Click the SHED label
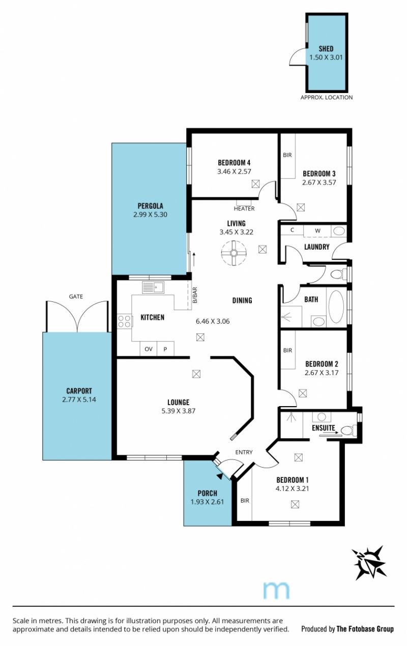point(326,49)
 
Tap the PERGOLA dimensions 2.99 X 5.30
point(150,214)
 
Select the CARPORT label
point(79,391)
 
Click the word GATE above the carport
point(76,296)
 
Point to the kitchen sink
point(153,287)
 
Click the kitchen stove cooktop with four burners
point(125,321)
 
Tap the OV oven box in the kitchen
point(149,349)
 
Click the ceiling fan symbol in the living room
point(234,253)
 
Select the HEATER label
point(244,208)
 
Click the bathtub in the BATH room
point(336,306)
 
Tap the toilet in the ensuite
point(348,431)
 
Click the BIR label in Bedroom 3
point(287,155)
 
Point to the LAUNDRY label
point(316,247)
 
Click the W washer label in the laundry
point(317,230)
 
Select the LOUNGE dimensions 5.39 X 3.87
point(179,411)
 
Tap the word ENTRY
point(244,452)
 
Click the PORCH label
point(207,493)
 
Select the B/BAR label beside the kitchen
point(195,295)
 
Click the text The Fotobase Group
point(365,629)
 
